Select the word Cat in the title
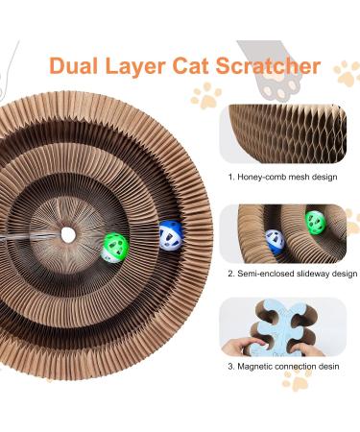[206, 66]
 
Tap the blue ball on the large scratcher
[171, 235]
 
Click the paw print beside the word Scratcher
[346, 72]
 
